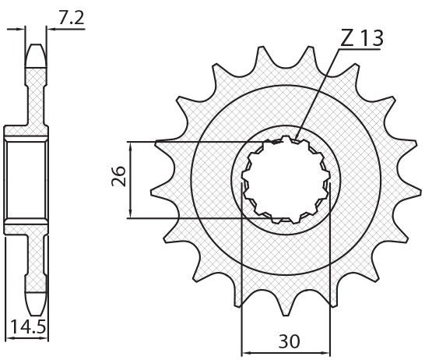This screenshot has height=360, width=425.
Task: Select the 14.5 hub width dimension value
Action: [27, 324]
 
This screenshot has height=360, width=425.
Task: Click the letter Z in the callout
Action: [347, 38]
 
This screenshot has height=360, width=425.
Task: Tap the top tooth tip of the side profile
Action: [37, 47]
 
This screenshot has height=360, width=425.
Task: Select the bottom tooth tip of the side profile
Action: [37, 307]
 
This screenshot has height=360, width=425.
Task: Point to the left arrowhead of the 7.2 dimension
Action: [22, 30]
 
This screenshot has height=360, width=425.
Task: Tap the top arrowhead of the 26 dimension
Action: [130, 146]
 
